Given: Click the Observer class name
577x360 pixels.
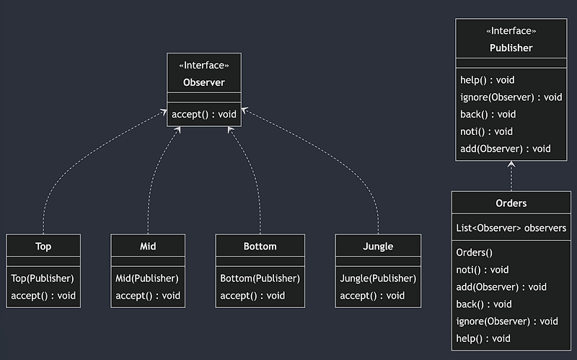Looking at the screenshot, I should point(204,82).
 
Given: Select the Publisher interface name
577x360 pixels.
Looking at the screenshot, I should point(511,48).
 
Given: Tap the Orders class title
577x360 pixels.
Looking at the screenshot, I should point(511,203).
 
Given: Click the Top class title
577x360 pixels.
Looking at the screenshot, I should point(43,246).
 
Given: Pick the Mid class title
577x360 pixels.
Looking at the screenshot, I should point(148,246).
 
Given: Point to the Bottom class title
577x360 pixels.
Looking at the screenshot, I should point(260,246).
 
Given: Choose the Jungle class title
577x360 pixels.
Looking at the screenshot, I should point(378,246).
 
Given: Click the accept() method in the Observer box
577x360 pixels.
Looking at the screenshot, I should point(204,114).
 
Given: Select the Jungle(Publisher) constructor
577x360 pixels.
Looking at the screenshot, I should point(378,278).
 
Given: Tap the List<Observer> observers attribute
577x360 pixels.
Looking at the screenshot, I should point(511,228).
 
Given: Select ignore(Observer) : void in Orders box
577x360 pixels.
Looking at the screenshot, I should point(507,321).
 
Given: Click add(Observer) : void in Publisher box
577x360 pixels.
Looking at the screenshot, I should point(505,149).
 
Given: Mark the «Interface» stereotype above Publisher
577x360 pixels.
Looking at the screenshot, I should point(511,31).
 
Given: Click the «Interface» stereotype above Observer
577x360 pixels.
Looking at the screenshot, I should point(204,65).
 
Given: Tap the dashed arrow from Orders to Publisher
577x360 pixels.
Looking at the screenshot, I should point(511,177).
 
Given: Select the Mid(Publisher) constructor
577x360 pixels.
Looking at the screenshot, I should point(147,278).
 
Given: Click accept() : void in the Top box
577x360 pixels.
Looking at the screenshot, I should point(43,295).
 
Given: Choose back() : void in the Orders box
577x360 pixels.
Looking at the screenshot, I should point(484,304).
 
